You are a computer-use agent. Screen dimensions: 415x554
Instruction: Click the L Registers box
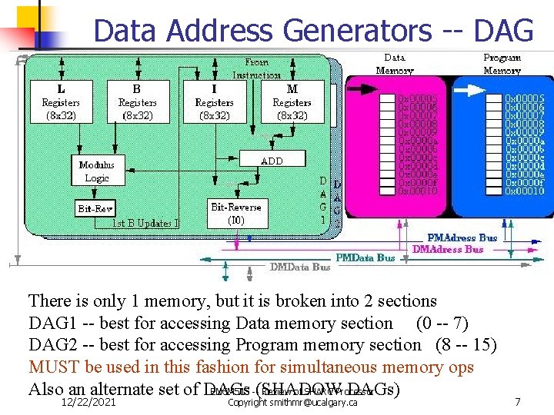click(61, 101)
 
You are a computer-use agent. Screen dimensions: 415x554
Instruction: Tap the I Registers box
click(214, 101)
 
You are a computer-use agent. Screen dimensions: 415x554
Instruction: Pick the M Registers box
click(292, 101)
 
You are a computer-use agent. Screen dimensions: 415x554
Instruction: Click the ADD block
click(272, 161)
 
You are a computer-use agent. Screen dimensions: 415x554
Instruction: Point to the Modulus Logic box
click(96, 171)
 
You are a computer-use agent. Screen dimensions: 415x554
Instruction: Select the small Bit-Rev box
click(95, 208)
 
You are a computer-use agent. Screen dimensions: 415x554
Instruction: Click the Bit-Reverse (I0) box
click(235, 213)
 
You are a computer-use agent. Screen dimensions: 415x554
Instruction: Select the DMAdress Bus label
click(448, 249)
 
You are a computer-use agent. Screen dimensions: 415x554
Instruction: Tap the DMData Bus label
click(300, 267)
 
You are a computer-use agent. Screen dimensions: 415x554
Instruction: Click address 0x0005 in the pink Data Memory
click(417, 98)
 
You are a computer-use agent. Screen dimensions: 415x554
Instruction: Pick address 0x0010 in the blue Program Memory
click(525, 191)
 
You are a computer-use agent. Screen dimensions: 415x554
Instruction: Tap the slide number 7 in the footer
click(518, 402)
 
